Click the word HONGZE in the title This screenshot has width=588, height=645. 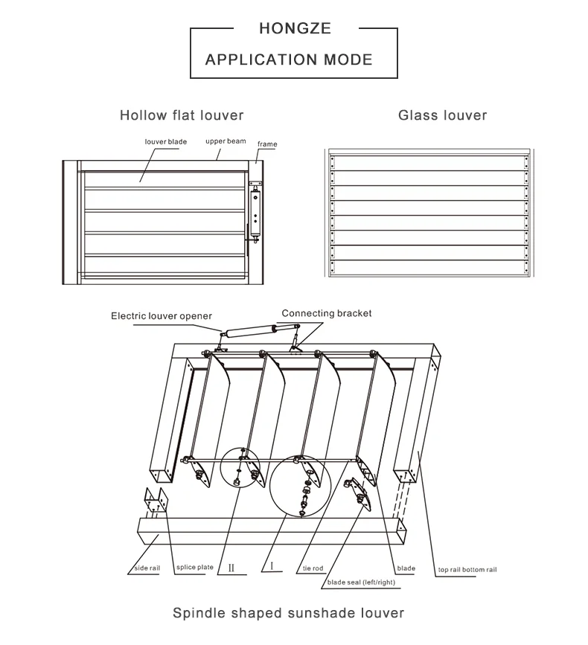click(295, 29)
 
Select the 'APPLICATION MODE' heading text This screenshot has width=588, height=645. click(289, 60)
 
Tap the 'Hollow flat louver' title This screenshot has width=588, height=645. click(182, 115)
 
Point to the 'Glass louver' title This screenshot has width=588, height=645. click(442, 115)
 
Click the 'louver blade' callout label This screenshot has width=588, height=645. click(166, 141)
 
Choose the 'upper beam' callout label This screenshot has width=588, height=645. click(226, 141)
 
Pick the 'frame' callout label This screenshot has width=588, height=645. click(267, 144)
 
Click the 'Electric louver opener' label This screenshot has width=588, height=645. click(162, 315)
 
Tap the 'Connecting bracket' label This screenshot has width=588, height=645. click(326, 313)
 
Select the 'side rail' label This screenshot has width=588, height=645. click(147, 568)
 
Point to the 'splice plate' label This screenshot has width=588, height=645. click(194, 568)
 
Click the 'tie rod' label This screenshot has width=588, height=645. click(313, 569)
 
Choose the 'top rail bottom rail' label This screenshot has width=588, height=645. click(467, 570)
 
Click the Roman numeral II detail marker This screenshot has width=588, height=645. click(231, 568)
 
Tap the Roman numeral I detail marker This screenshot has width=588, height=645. click(272, 566)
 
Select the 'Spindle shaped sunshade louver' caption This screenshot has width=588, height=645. click(288, 613)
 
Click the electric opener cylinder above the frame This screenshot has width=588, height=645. click(253, 330)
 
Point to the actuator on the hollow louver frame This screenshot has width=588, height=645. click(257, 208)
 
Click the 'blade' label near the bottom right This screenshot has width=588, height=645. click(406, 568)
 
